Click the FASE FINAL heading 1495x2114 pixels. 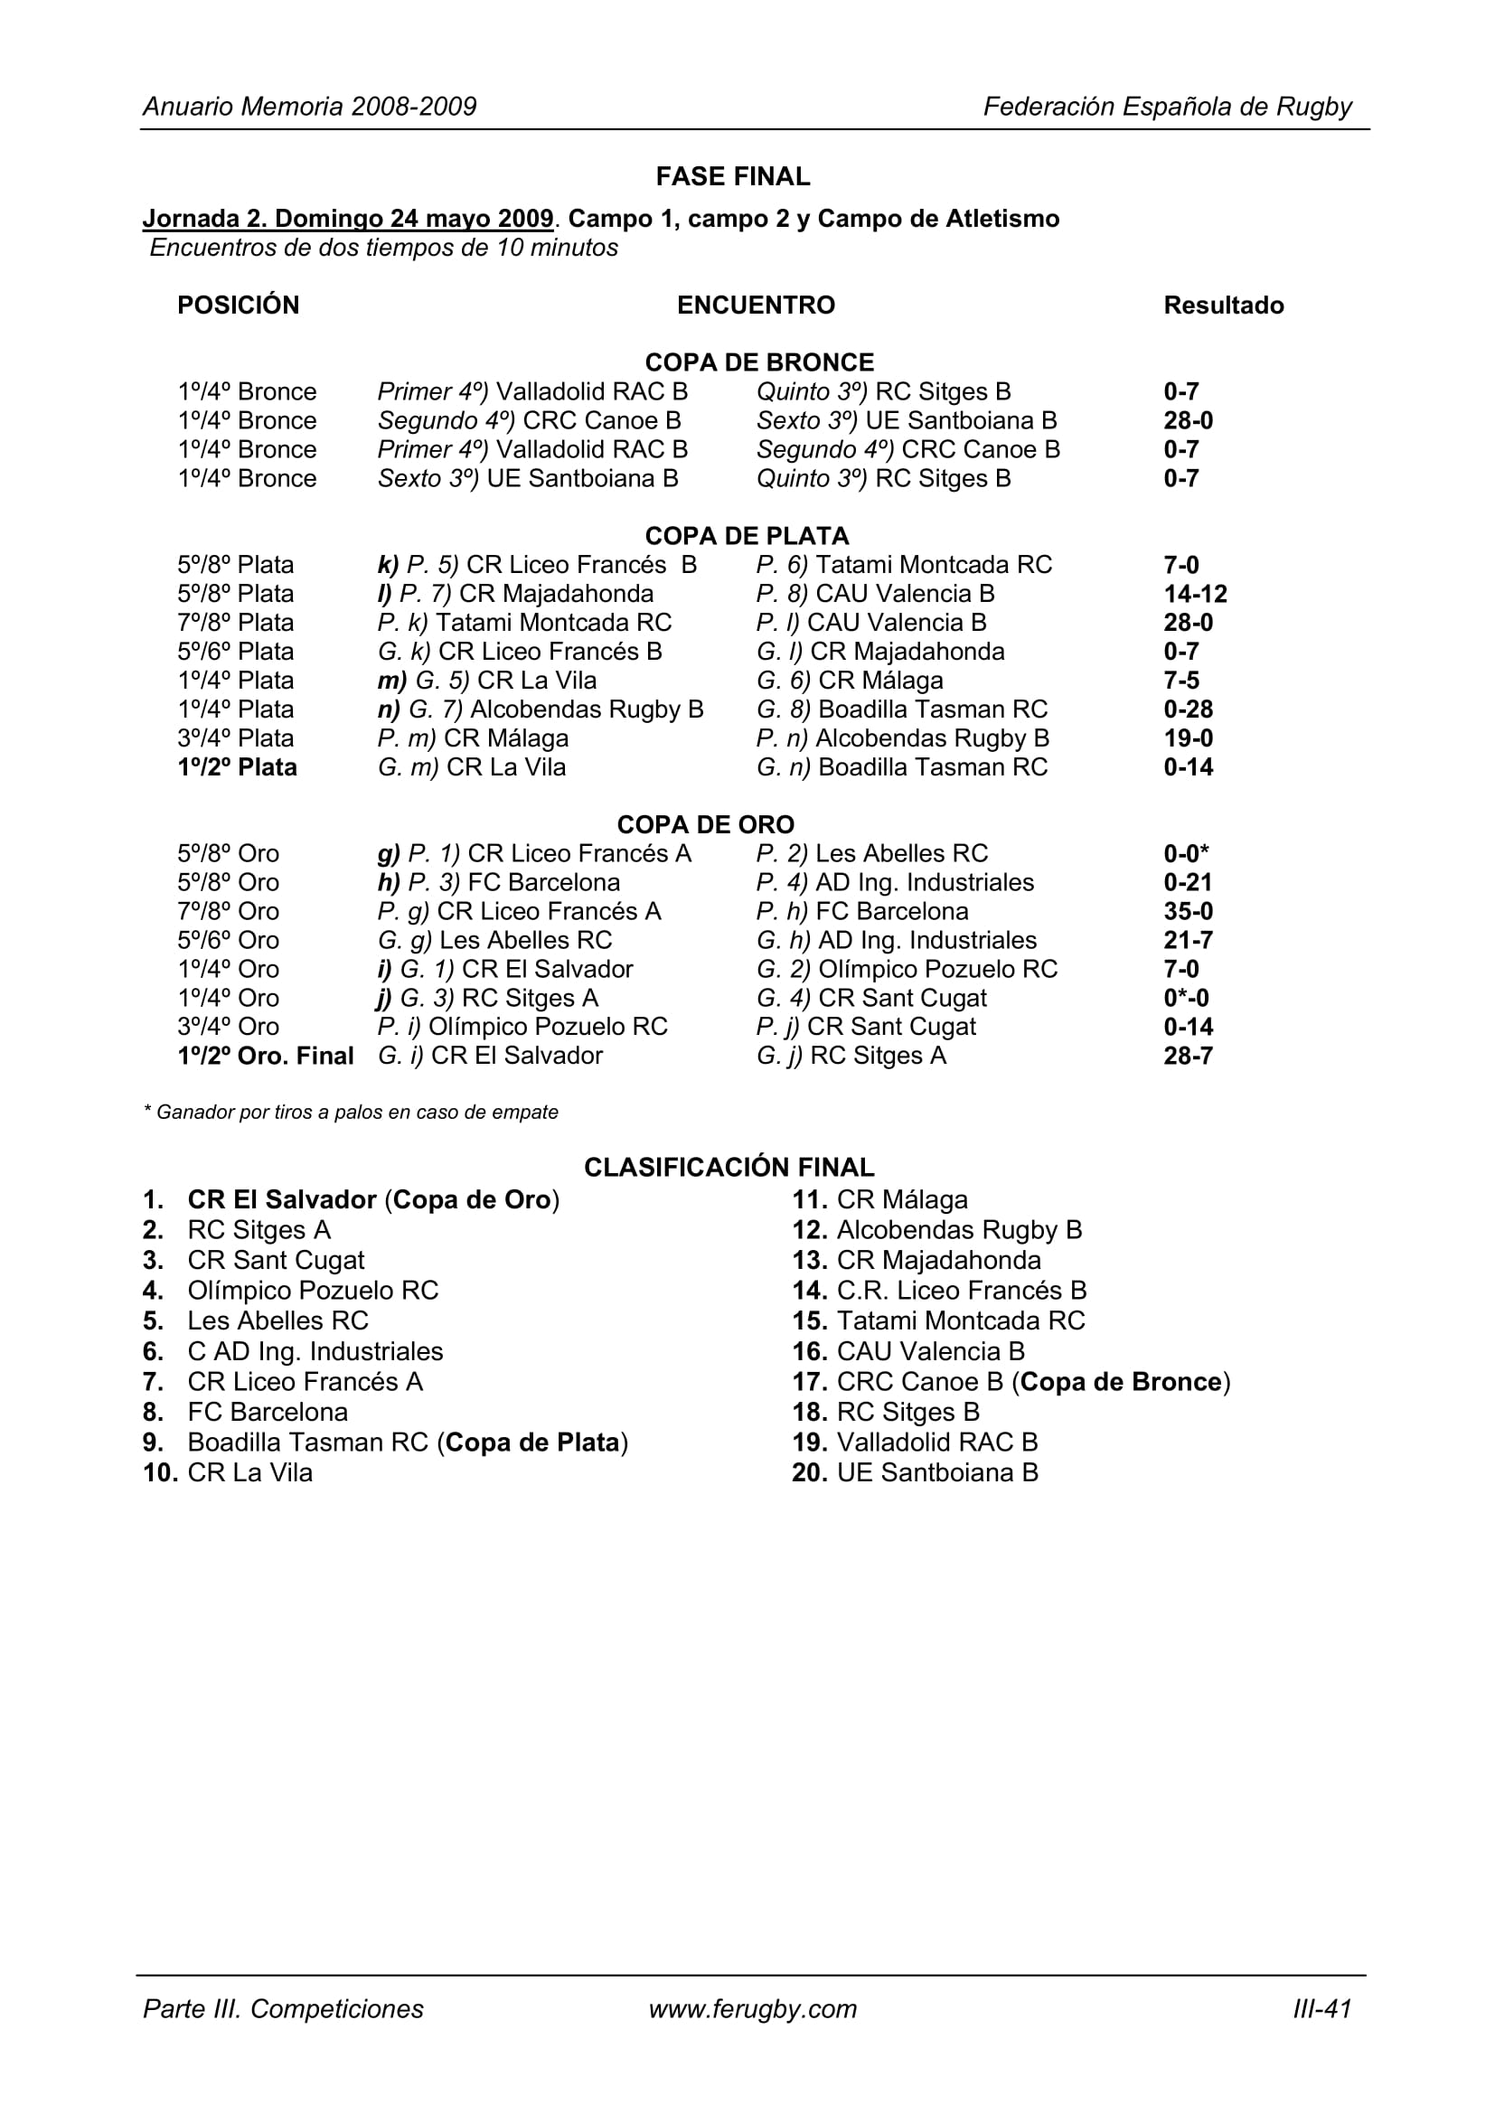coord(733,176)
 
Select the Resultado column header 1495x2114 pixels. coord(1223,305)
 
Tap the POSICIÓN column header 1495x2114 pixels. coord(239,305)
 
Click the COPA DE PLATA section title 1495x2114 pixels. coord(747,535)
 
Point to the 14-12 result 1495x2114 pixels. coord(1195,593)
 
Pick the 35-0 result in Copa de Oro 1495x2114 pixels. coord(1188,911)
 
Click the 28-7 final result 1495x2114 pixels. coord(1188,1055)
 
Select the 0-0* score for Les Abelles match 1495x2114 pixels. coord(1186,852)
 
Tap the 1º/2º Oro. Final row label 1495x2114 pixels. coord(265,1055)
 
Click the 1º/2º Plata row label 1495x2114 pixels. coord(238,767)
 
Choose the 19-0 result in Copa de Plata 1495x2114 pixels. coord(1188,738)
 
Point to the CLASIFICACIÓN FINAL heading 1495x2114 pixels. coord(729,1167)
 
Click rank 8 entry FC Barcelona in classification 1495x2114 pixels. coord(267,1412)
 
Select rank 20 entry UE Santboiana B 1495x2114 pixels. coord(936,1472)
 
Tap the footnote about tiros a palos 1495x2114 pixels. coord(351,1112)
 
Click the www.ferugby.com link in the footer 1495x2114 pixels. coord(752,2008)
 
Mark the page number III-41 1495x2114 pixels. coord(1322,2008)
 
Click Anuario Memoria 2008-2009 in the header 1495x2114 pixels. coord(309,107)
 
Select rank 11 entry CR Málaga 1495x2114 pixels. coord(901,1199)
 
